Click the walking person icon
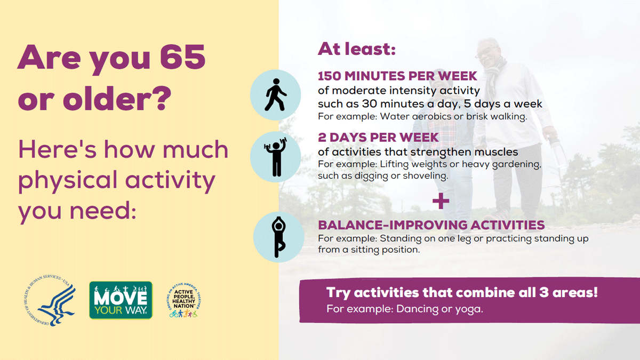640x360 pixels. coord(276,95)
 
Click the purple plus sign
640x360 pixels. coord(441,202)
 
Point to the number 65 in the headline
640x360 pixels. coord(179,58)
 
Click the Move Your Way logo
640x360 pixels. coord(121,300)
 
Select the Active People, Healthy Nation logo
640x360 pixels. coord(183,300)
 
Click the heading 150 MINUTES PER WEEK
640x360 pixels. coord(397,76)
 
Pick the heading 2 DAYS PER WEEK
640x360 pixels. coord(378,137)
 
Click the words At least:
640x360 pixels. coord(357,49)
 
